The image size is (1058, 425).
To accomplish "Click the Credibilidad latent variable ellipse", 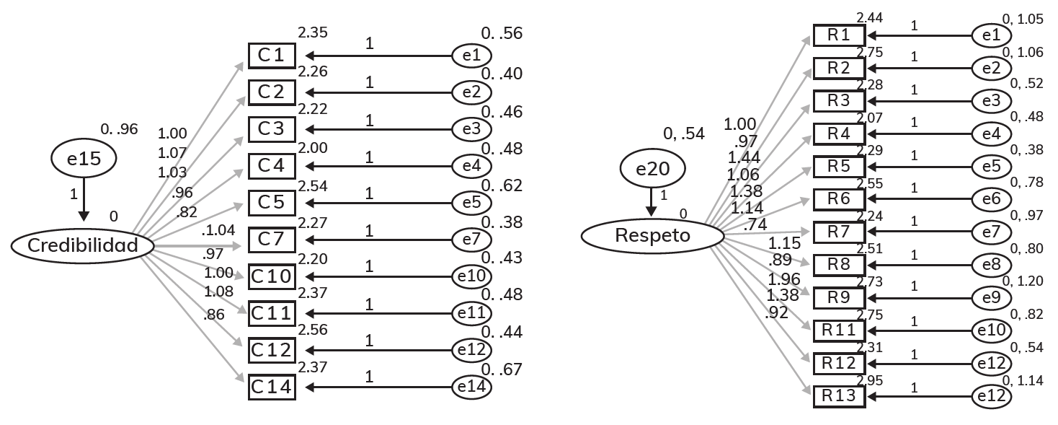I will pyautogui.click(x=83, y=246).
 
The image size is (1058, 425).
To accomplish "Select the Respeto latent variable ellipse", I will pyautogui.click(x=652, y=235).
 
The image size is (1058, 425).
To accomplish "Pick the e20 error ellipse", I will pyautogui.click(x=652, y=169).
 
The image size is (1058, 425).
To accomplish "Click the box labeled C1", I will pyautogui.click(x=272, y=55).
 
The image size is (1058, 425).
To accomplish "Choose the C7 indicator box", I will pyautogui.click(x=272, y=240).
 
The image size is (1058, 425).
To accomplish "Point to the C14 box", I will pyautogui.click(x=272, y=387).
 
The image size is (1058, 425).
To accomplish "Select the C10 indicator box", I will pyautogui.click(x=272, y=276).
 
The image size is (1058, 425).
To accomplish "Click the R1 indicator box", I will pyautogui.click(x=839, y=35).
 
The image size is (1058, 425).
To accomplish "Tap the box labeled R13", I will pyautogui.click(x=839, y=396).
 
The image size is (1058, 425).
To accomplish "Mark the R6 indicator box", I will pyautogui.click(x=839, y=199).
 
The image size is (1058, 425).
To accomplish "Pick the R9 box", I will pyautogui.click(x=839, y=297).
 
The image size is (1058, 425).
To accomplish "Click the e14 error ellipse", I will pyautogui.click(x=472, y=388).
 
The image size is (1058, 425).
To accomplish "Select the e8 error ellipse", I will pyautogui.click(x=992, y=265).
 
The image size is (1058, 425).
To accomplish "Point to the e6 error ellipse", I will pyautogui.click(x=992, y=199).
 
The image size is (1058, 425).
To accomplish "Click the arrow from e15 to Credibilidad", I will pyautogui.click(x=84, y=199).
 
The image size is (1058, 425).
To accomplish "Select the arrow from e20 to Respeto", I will pyautogui.click(x=652, y=201).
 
